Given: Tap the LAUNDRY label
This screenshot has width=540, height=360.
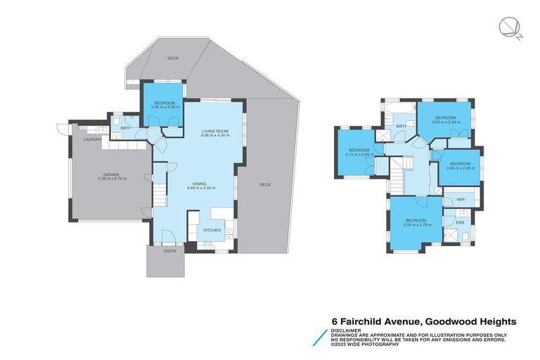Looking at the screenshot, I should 92,140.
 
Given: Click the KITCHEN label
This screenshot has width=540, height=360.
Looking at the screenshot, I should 212,230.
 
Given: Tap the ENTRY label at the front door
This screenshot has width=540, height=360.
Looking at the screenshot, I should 169,251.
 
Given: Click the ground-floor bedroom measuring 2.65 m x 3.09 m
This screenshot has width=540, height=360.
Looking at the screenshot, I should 162,108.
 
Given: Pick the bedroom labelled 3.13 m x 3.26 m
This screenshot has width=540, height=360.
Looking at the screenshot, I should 359,152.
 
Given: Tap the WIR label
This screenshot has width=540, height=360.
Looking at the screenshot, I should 461,200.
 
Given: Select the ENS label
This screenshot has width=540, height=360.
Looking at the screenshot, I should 460,222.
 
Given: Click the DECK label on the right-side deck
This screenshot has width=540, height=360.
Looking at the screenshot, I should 265,185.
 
